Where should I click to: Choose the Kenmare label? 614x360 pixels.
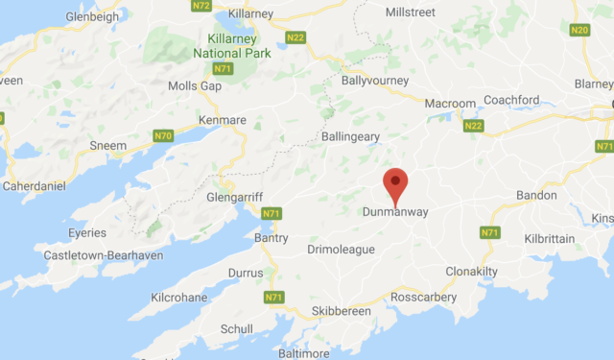(x=223, y=120)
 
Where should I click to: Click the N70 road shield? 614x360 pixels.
(x=163, y=136)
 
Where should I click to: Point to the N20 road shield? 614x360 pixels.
(x=579, y=31)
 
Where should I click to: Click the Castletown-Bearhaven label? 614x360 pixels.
(x=104, y=255)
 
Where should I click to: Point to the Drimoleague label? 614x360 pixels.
(x=341, y=250)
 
